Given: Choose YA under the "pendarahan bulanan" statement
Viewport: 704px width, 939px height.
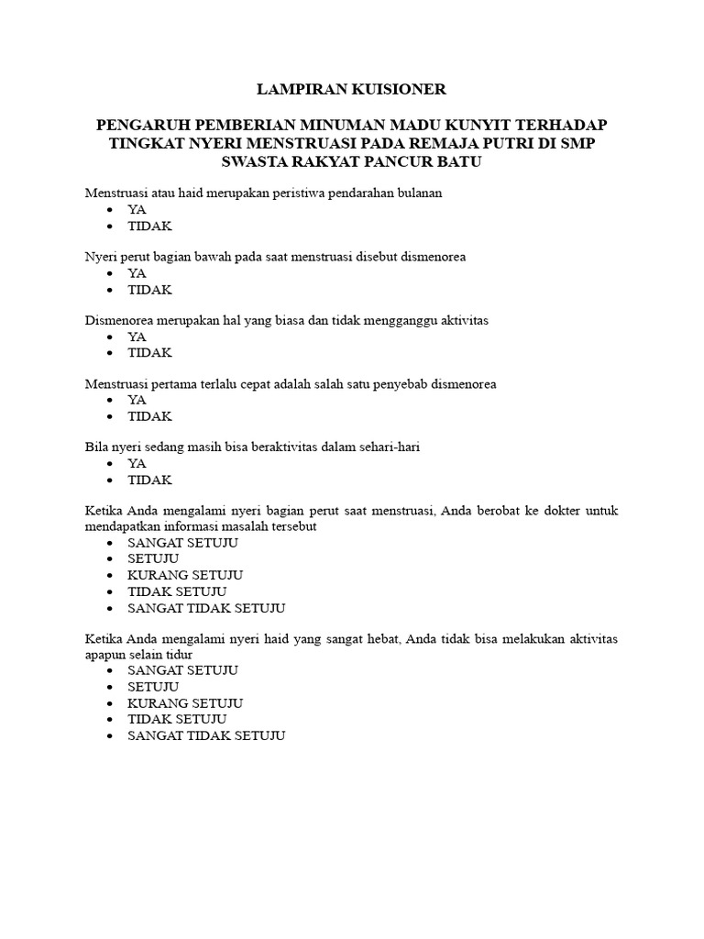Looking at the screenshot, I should (137, 210).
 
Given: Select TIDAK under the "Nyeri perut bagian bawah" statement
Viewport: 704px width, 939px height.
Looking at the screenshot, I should (149, 290).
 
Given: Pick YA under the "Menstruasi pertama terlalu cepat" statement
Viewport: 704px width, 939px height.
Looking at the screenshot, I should (137, 400).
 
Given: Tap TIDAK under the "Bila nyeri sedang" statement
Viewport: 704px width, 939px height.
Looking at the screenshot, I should (149, 480).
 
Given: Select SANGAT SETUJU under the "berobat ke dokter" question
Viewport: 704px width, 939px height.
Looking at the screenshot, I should (182, 543).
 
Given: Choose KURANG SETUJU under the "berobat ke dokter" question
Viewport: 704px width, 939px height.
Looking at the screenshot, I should (185, 575).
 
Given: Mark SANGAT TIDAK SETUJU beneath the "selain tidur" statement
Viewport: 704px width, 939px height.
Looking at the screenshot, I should (206, 735).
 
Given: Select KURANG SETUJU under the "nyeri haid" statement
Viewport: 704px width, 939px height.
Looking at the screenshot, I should (185, 703).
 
